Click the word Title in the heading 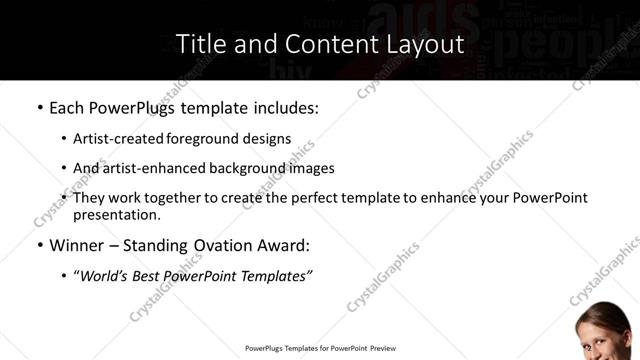tap(198, 44)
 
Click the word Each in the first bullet tap(67, 107)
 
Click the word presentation tap(117, 214)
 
